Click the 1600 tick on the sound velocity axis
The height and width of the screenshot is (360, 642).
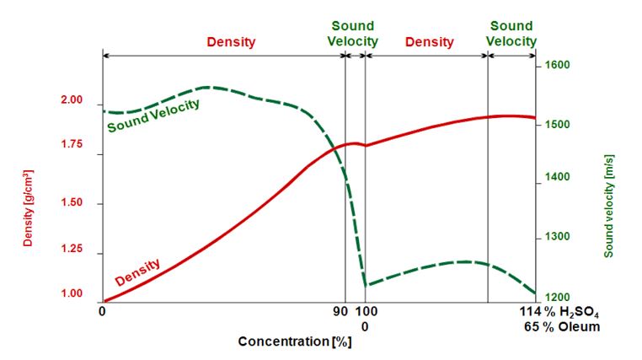[559, 65]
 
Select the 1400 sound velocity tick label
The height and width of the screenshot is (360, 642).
[559, 178]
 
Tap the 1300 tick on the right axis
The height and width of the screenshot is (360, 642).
[559, 238]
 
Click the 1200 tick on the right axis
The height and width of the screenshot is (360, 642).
[559, 298]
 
